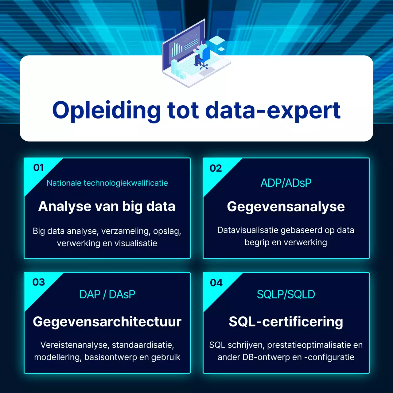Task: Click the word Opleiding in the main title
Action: tap(106, 111)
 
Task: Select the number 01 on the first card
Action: tap(39, 168)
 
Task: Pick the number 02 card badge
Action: tap(216, 168)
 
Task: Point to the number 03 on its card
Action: tap(39, 282)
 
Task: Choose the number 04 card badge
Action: tap(216, 283)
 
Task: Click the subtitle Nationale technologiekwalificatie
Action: tap(107, 183)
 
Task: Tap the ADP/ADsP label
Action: tap(286, 183)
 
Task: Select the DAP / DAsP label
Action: tap(107, 294)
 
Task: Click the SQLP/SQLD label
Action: tap(286, 294)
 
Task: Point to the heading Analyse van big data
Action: tap(107, 206)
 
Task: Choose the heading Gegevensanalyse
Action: tap(286, 207)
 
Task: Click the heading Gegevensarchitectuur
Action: tap(107, 321)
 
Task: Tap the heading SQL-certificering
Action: tap(286, 321)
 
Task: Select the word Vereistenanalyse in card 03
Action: tap(74, 345)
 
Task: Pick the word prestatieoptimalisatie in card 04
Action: tap(309, 345)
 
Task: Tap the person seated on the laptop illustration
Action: tap(203, 52)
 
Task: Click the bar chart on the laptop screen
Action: tap(177, 49)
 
